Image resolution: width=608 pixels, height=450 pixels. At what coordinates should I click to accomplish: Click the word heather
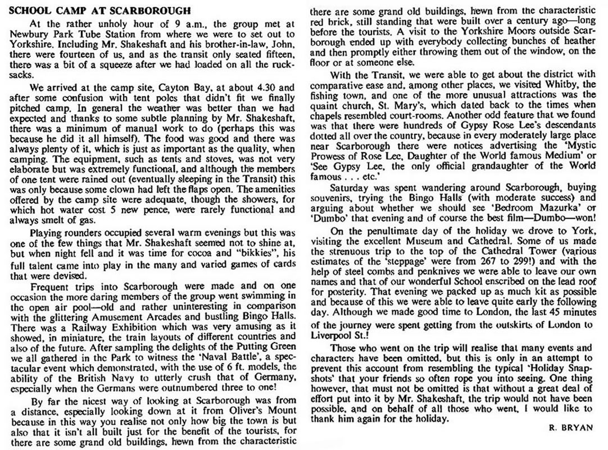pyautogui.click(x=582, y=39)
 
